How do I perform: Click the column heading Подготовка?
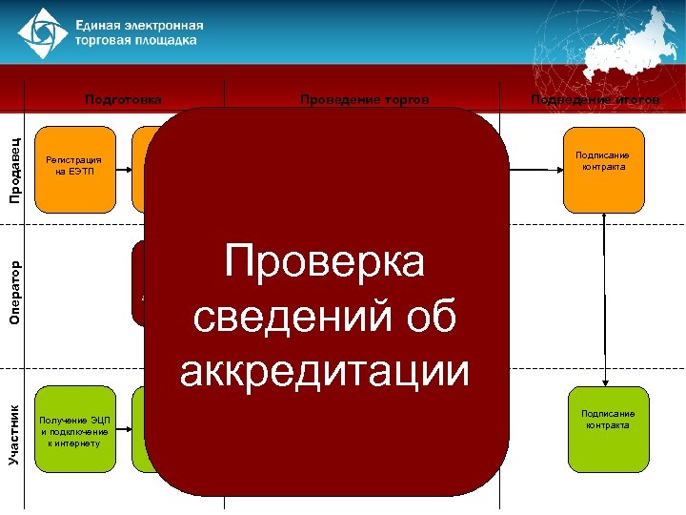click(x=123, y=98)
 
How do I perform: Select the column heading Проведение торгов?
click(x=364, y=98)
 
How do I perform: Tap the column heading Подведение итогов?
click(x=595, y=98)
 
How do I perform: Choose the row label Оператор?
click(x=14, y=292)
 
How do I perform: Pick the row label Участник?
click(x=14, y=434)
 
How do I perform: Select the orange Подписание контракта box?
click(x=603, y=169)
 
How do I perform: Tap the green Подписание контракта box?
click(x=608, y=429)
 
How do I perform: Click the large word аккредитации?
click(x=325, y=369)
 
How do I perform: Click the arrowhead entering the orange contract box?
click(x=557, y=169)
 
